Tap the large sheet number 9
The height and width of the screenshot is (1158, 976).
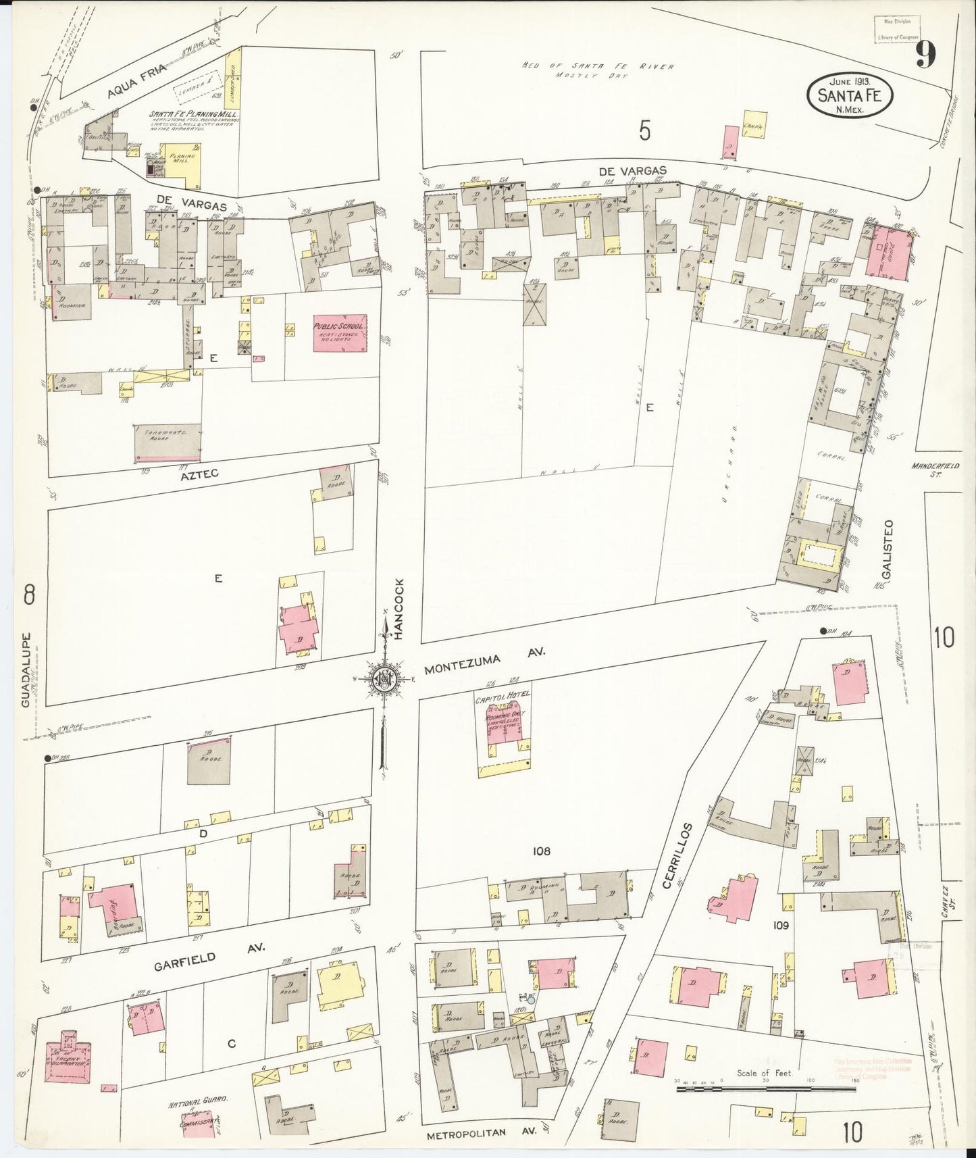click(x=925, y=55)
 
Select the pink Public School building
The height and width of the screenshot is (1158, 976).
click(x=340, y=332)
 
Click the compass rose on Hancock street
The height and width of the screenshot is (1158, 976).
click(x=383, y=679)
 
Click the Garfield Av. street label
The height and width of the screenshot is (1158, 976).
click(x=209, y=957)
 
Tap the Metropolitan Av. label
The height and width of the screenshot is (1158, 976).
click(x=484, y=1134)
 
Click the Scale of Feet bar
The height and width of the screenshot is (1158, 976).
click(x=765, y=1089)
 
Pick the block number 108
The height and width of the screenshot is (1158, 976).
click(x=541, y=851)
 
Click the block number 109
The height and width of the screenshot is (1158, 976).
click(x=781, y=925)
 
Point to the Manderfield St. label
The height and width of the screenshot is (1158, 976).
click(x=934, y=469)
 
